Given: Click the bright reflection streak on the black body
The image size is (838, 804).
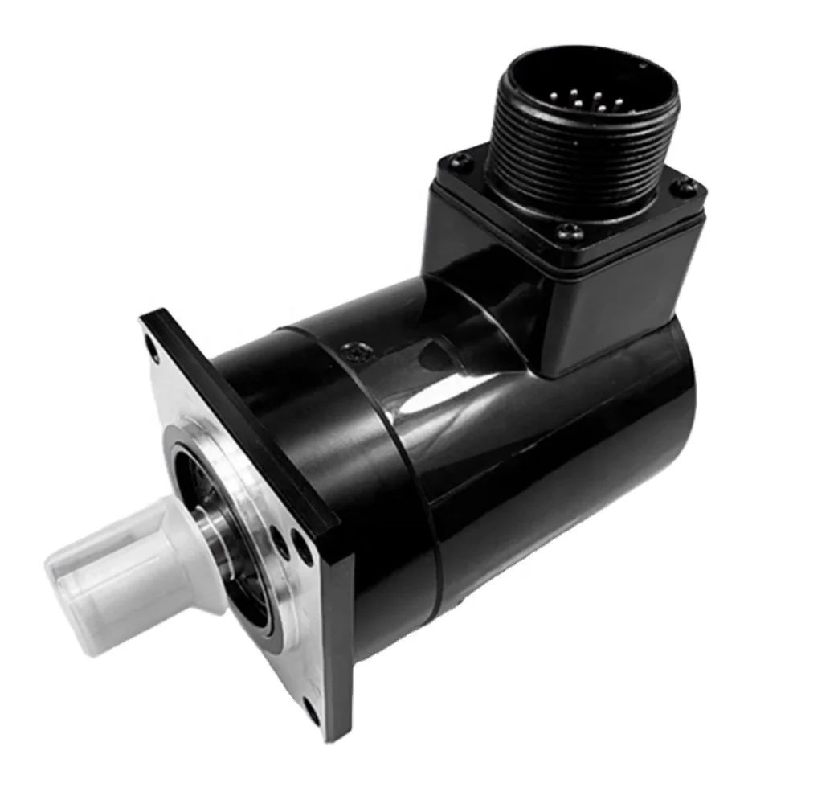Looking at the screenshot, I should coord(450,394).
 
